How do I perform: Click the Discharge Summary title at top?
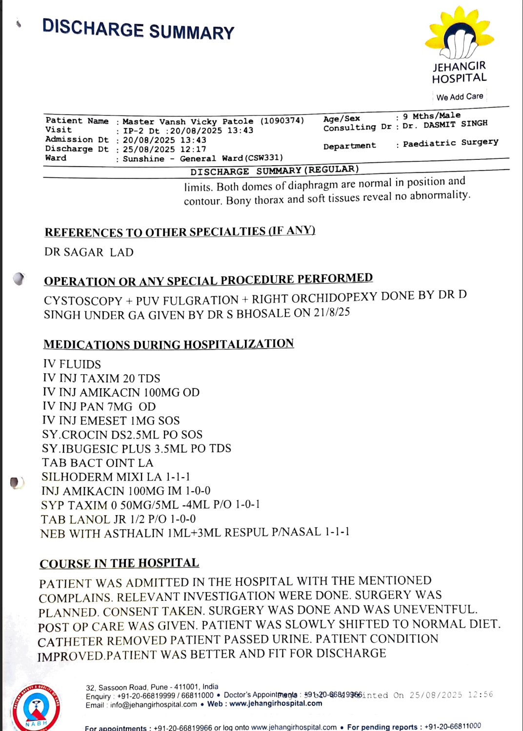tap(138, 29)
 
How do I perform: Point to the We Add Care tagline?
tap(460, 96)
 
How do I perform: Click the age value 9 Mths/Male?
tap(431, 115)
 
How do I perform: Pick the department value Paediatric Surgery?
tap(450, 143)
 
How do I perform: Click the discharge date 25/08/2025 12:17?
tap(164, 150)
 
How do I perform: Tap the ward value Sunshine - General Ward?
tap(202, 158)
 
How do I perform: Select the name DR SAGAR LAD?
tap(89, 252)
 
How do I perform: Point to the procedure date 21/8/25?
tap(332, 312)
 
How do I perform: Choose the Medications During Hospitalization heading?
tap(168, 344)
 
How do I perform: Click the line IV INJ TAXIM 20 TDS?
tap(101, 379)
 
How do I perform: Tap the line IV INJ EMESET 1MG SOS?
tap(111, 421)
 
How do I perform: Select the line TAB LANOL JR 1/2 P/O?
tap(118, 519)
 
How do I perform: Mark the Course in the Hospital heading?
tap(119, 563)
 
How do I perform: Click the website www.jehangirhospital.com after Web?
tap(276, 703)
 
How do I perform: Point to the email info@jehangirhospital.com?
tap(153, 705)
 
